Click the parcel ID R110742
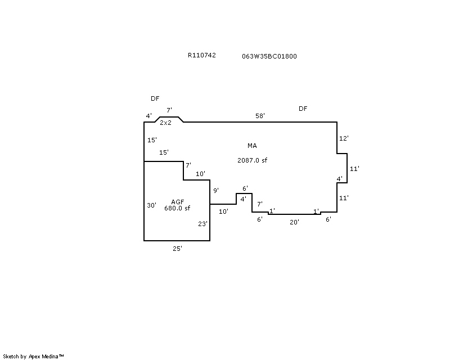tap(201, 56)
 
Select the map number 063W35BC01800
tap(269, 56)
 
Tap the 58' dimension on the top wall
tap(260, 116)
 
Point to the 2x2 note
tap(165, 123)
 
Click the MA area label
tap(252, 146)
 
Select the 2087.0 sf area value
tap(252, 160)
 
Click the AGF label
tap(177, 202)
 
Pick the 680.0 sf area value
tap(177, 208)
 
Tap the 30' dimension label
tap(151, 205)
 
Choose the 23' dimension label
tap(203, 224)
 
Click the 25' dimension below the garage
tap(177, 248)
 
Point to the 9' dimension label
tap(216, 191)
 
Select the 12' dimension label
tap(344, 138)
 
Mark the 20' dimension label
tap(294, 222)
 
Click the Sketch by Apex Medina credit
tap(34, 356)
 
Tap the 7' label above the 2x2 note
tap(169, 110)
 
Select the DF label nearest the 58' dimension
tap(303, 109)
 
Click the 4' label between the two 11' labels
tap(340, 179)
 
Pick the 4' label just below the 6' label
tap(243, 199)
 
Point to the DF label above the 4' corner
tap(155, 98)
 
